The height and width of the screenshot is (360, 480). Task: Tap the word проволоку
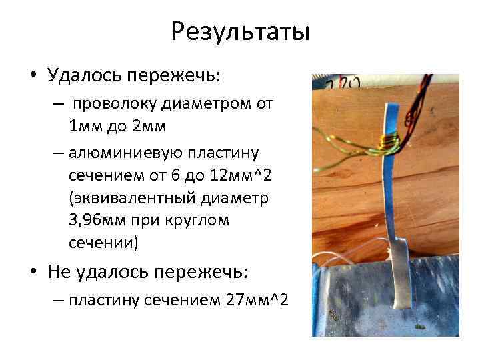[113, 104]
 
